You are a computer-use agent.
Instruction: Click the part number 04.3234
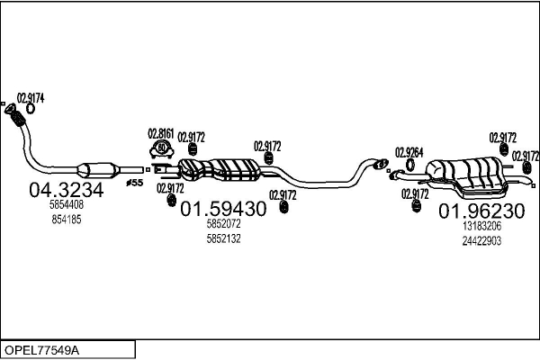point(66,190)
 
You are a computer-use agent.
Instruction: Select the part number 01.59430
point(223,209)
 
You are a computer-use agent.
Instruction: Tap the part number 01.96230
point(481,211)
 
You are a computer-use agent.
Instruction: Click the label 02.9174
point(31,98)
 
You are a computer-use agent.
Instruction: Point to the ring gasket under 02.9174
point(31,109)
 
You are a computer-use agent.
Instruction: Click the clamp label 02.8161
point(161,134)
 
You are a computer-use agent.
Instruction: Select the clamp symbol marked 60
point(161,149)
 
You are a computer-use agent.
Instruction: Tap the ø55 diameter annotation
point(135,183)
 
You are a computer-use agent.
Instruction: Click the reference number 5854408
point(67,204)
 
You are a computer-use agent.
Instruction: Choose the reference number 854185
point(67,220)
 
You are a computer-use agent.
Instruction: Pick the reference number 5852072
point(223,224)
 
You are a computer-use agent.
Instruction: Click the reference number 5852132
point(223,238)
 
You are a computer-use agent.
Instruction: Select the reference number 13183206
point(481,226)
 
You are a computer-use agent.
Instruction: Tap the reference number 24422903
point(481,241)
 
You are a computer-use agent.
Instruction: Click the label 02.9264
point(409,153)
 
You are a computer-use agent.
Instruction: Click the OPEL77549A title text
point(41,350)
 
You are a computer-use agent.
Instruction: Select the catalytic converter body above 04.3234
point(98,170)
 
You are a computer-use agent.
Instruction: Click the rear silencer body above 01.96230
point(466,177)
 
